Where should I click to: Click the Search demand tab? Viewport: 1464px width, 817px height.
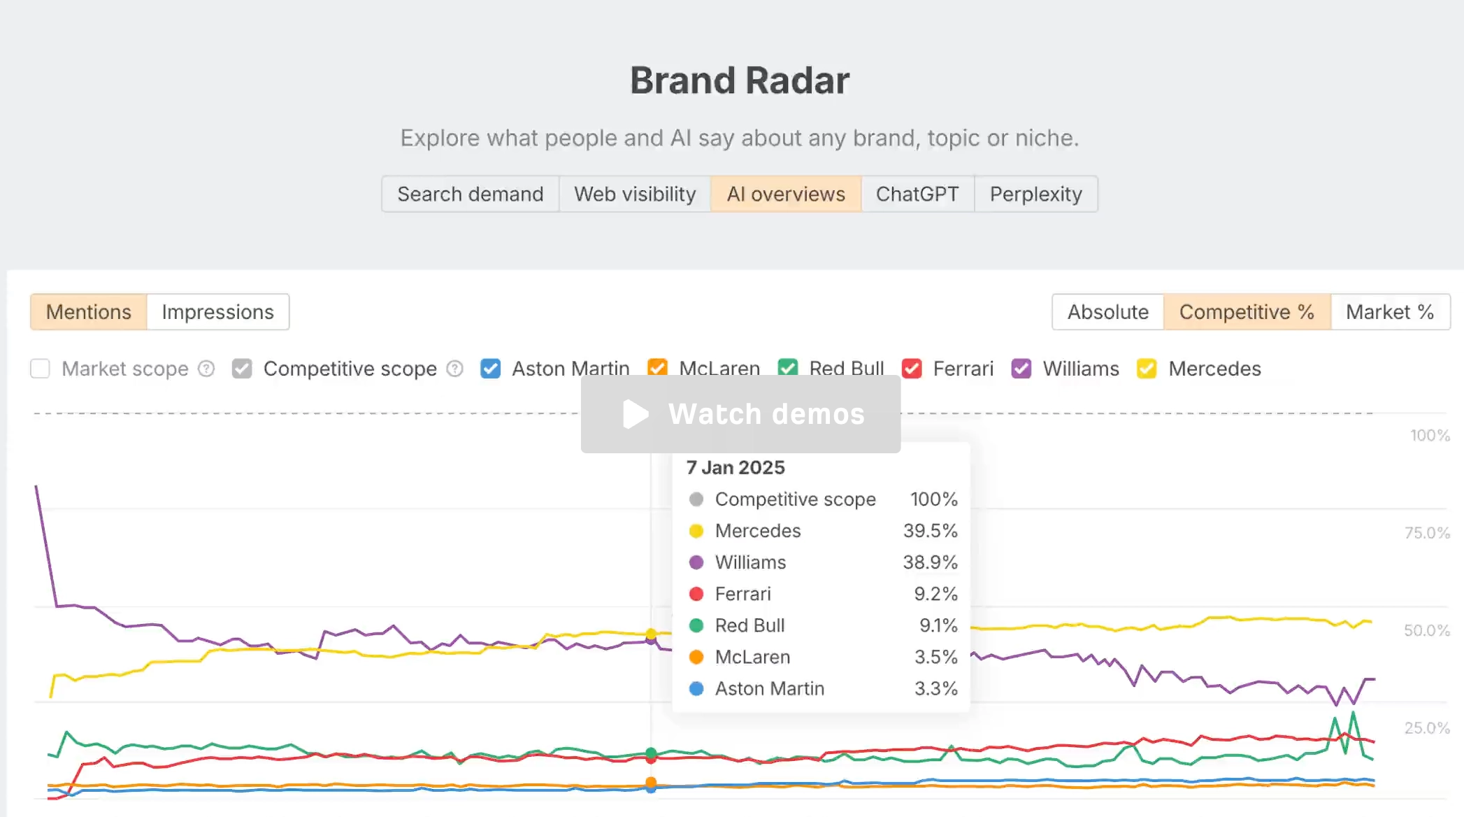point(471,194)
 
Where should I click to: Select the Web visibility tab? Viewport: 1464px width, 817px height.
point(635,194)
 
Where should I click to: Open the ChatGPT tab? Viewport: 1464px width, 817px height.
point(917,194)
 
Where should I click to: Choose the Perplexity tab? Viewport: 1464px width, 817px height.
point(1035,194)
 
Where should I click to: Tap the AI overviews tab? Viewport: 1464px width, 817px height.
point(786,194)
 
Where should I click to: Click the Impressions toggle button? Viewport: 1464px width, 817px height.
point(218,312)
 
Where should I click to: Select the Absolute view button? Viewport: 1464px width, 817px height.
point(1108,312)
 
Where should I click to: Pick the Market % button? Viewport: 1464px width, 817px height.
point(1390,312)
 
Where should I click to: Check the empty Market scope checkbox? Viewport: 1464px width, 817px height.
point(41,369)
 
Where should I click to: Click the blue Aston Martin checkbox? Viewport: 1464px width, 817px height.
point(491,369)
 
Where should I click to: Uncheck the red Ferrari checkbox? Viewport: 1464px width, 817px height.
point(912,369)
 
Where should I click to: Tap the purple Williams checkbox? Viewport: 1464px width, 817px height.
point(1021,369)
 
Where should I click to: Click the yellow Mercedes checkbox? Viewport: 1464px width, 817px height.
point(1147,369)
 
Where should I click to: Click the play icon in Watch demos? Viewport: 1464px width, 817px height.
point(636,414)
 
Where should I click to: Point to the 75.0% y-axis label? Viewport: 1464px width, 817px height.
point(1427,533)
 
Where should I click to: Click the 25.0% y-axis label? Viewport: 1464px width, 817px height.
point(1427,728)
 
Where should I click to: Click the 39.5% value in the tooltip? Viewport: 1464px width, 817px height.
point(930,531)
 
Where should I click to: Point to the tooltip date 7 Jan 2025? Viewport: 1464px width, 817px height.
point(735,467)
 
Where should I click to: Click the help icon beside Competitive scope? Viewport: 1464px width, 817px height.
point(455,369)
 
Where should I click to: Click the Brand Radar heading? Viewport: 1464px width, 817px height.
point(740,80)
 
